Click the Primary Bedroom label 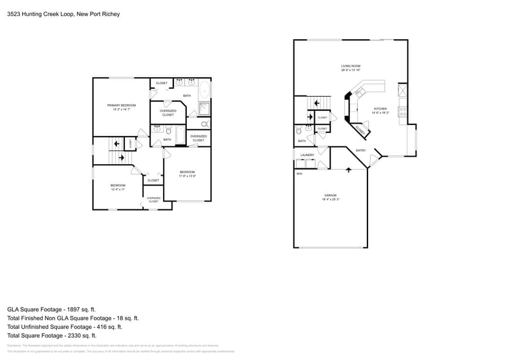pyautogui.click(x=121, y=105)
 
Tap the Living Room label pyautogui.click(x=350, y=66)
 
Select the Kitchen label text pyautogui.click(x=380, y=109)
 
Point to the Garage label pyautogui.click(x=330, y=195)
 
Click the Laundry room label pyautogui.click(x=307, y=155)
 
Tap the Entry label pyautogui.click(x=361, y=150)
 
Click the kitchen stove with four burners pyautogui.click(x=402, y=111)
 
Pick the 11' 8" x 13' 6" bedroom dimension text pyautogui.click(x=187, y=176)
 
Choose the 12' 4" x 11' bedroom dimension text pyautogui.click(x=118, y=189)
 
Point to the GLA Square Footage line pyautogui.click(x=51, y=309)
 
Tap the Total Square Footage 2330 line pyautogui.click(x=51, y=336)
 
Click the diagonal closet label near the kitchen pyautogui.click(x=361, y=129)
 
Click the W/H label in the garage pyautogui.click(x=300, y=174)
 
